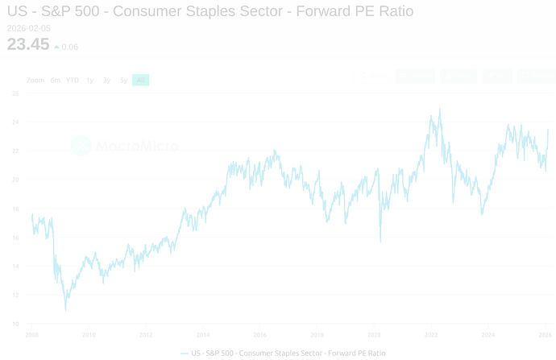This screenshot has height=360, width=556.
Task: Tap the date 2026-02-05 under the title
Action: (x=29, y=29)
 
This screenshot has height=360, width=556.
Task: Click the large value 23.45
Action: (x=28, y=44)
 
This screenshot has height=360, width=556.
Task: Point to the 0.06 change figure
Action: (x=69, y=47)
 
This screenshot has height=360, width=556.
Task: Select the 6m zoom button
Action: (x=56, y=80)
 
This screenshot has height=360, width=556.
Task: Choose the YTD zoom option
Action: (x=73, y=80)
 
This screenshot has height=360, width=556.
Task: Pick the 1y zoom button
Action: (x=90, y=80)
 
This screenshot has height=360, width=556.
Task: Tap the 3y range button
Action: (x=106, y=80)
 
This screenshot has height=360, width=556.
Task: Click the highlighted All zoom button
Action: (x=141, y=80)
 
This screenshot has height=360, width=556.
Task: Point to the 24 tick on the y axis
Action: (x=15, y=122)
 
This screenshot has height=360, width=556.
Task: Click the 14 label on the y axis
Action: (x=15, y=266)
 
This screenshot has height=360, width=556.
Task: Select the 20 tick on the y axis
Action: (x=15, y=180)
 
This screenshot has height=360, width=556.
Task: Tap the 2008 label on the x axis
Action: (x=32, y=334)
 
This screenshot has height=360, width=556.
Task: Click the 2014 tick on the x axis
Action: (x=203, y=334)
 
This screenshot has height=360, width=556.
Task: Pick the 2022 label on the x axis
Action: (x=431, y=334)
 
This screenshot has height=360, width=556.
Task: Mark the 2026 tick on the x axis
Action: (x=545, y=334)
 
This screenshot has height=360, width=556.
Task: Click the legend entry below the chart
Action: (x=284, y=353)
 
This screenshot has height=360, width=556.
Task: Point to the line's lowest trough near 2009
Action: (x=65, y=310)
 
